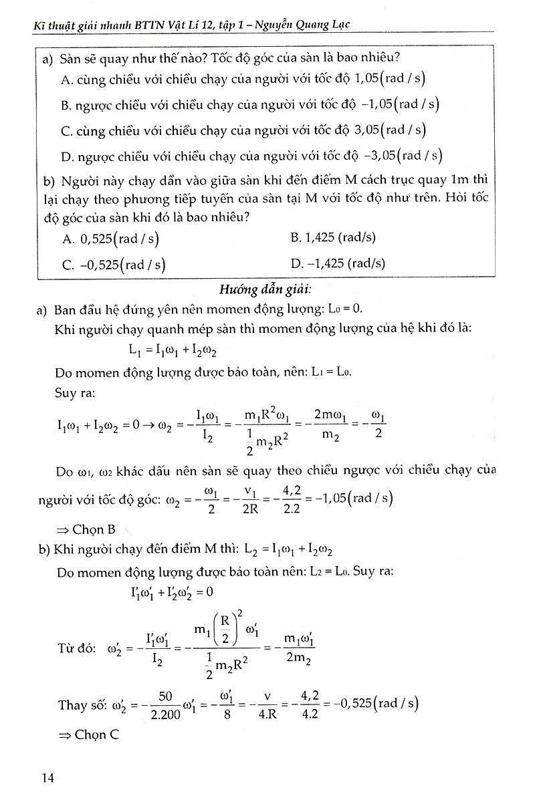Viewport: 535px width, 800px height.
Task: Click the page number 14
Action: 47,777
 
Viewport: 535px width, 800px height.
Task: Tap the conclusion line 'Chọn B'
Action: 86,529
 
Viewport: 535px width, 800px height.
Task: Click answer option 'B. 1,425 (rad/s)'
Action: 333,237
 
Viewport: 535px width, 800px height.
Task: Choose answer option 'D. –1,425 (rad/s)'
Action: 338,263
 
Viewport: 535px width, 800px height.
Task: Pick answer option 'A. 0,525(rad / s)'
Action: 110,238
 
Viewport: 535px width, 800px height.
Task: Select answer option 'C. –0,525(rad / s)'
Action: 114,264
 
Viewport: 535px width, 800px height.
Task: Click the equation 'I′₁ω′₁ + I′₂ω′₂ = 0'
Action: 171,591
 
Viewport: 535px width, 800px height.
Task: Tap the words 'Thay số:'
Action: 81,704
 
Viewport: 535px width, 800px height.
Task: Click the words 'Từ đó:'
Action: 77,648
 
